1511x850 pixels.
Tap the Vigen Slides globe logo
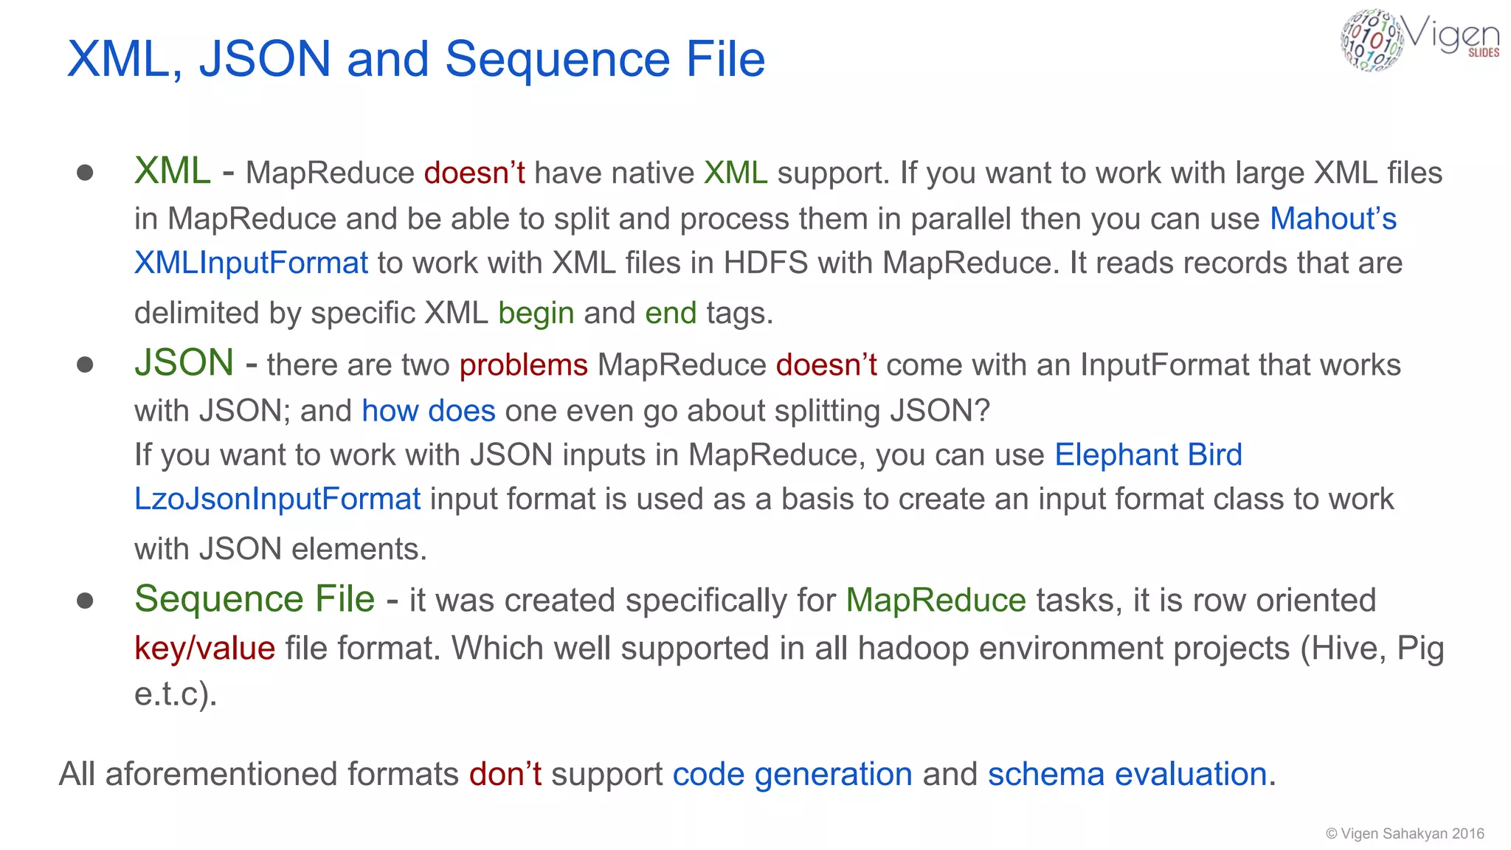(x=1372, y=41)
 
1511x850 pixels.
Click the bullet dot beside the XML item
(x=85, y=173)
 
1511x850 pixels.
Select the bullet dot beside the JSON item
(x=85, y=364)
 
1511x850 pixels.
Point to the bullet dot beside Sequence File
(x=85, y=601)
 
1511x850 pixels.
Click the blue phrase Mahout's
(x=1333, y=218)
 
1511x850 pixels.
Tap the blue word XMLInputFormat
(x=251, y=263)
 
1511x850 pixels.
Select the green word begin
(x=536, y=313)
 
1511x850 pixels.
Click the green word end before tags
(x=670, y=313)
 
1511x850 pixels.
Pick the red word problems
(x=523, y=364)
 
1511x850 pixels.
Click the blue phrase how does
(x=428, y=410)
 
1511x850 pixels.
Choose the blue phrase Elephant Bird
(x=1148, y=455)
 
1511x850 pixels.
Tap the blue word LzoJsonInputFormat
(x=277, y=499)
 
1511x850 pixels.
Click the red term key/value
(x=204, y=648)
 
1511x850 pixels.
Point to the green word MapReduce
(x=936, y=600)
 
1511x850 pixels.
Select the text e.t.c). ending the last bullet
(x=176, y=694)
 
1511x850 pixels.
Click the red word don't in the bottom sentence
(x=505, y=774)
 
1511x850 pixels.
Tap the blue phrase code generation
(x=792, y=774)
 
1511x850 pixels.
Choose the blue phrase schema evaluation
(x=1127, y=774)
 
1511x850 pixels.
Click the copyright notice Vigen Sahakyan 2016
(x=1405, y=834)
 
